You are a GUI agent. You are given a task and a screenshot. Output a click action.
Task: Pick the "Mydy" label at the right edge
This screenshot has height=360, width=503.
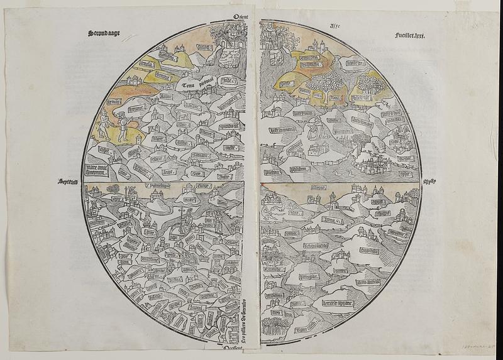429,182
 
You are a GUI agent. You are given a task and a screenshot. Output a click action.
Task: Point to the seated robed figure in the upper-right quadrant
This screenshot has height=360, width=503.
312,132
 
